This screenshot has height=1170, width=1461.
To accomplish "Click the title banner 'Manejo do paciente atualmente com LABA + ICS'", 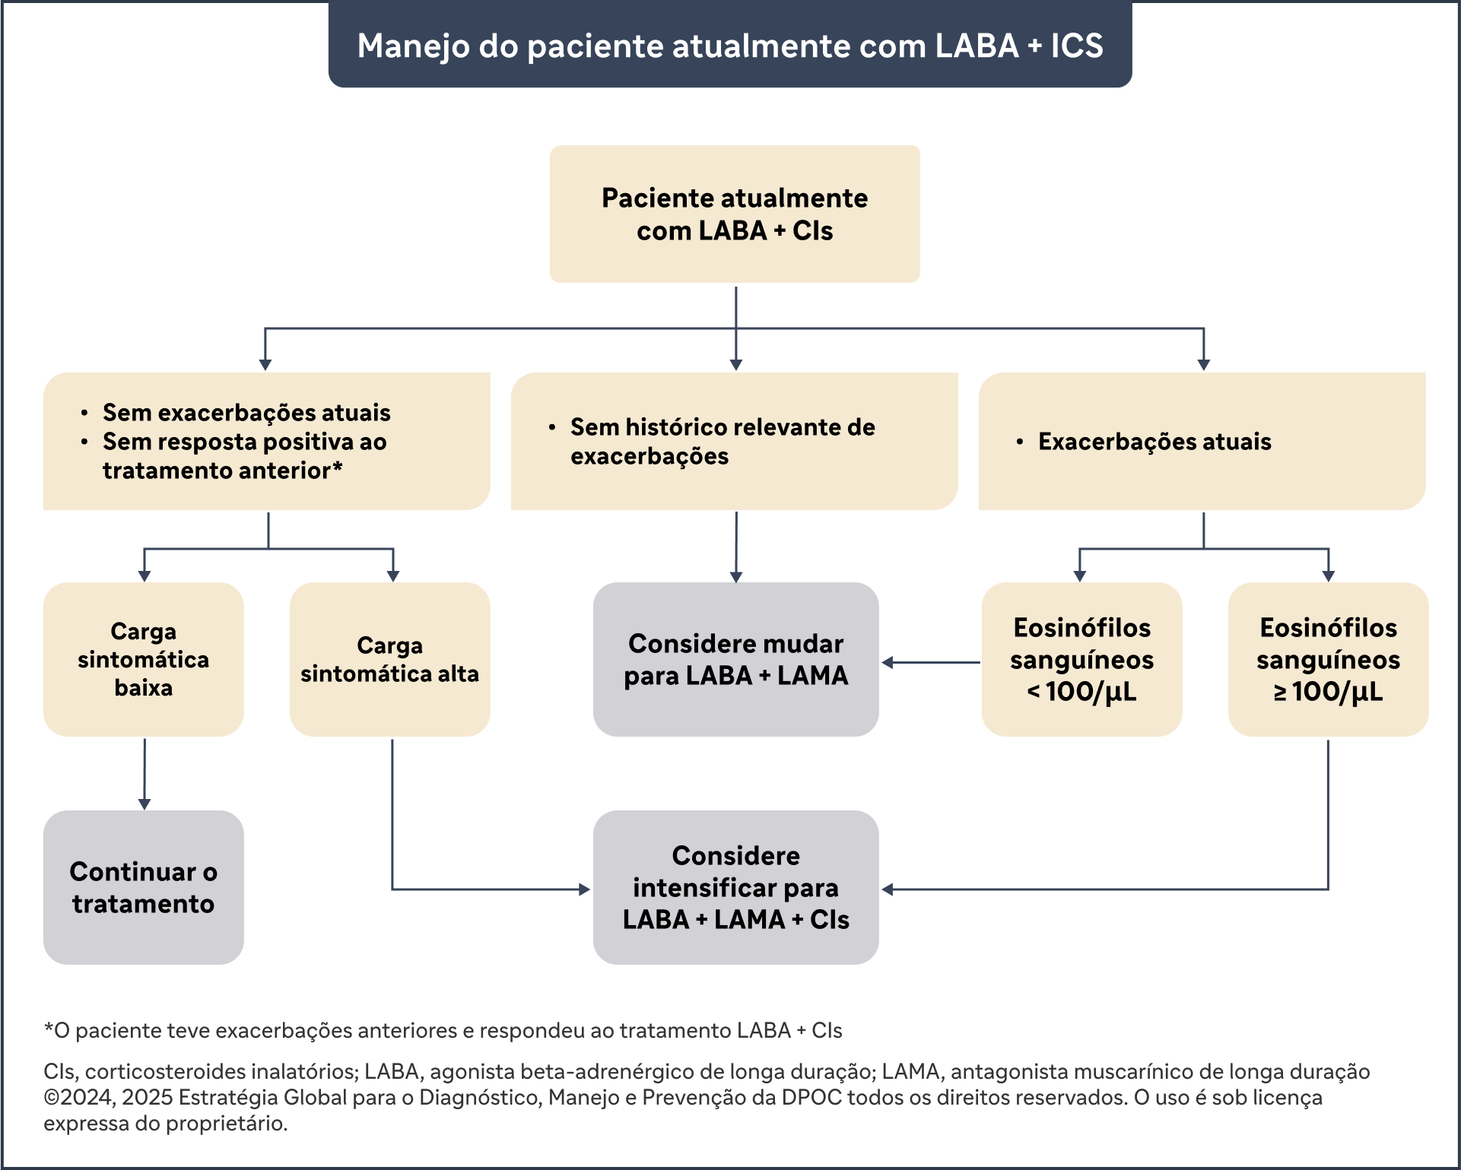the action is (730, 44).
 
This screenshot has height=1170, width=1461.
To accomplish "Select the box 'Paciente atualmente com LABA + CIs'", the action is (735, 214).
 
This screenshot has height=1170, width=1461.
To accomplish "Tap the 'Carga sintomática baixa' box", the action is (144, 659).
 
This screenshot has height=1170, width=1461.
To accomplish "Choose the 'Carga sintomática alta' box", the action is (390, 659).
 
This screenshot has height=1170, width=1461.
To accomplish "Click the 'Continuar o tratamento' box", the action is (144, 887).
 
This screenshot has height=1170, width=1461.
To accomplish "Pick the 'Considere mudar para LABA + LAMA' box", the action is (736, 659).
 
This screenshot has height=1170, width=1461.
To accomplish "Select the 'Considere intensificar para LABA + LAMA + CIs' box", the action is (736, 887).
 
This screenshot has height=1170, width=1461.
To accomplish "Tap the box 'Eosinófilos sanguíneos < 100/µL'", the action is (1082, 659).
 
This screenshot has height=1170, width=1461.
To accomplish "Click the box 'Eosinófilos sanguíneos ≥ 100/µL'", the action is (1329, 659).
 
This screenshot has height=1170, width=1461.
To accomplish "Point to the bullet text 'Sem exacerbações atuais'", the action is (246, 413).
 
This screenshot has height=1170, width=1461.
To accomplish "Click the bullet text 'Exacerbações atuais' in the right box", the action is (1155, 442).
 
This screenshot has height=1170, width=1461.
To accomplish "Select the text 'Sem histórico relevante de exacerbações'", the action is (723, 442).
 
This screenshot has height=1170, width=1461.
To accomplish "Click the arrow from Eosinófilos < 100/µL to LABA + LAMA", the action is (931, 662).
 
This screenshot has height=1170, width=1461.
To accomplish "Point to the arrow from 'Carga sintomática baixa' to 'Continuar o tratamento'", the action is (145, 774).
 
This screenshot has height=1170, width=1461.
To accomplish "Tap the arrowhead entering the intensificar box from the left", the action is (585, 889).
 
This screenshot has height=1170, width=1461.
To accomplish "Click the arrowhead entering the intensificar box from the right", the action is (888, 889).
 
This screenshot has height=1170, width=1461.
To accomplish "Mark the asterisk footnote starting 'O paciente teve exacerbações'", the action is (443, 1031).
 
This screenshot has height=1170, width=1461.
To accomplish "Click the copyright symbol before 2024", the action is (52, 1098).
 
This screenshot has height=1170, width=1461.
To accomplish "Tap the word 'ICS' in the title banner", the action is (1077, 46).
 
